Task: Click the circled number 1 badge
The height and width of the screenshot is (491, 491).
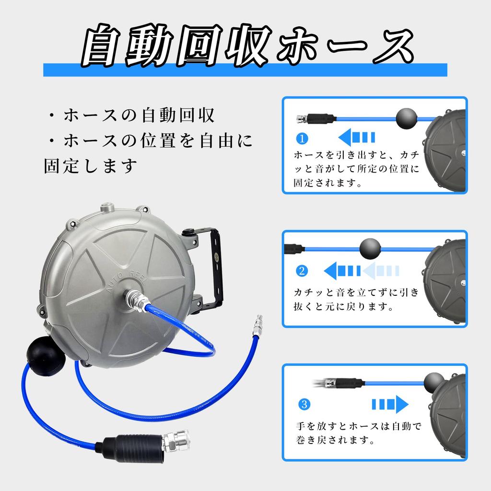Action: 302,139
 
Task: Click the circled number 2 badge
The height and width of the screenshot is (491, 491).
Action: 302,271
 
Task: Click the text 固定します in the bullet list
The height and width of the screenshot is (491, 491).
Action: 91,167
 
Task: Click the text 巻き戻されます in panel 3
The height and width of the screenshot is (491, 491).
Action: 335,439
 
